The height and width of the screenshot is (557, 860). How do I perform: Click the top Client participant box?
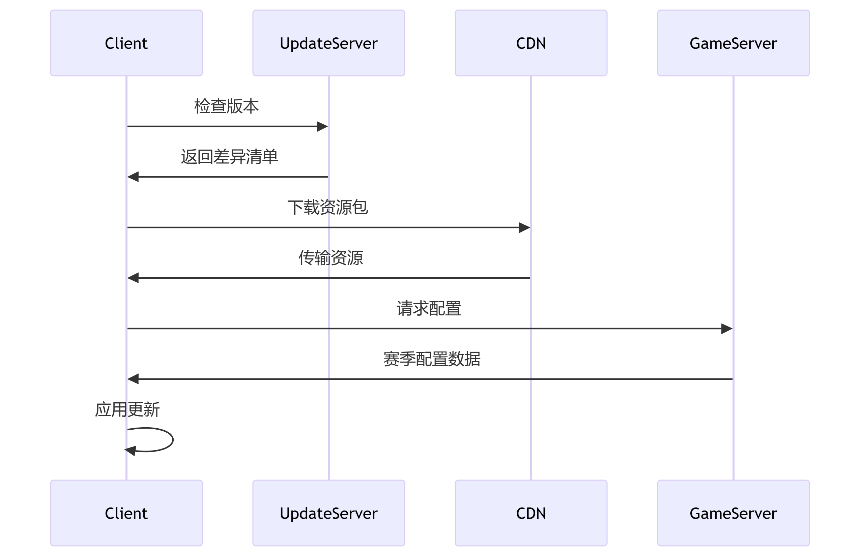[126, 43]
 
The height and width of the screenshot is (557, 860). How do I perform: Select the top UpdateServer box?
[328, 43]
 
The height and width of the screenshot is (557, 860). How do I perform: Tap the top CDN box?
[531, 43]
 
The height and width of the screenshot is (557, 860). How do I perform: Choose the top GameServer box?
[733, 43]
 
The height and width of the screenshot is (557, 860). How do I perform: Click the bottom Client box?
[126, 513]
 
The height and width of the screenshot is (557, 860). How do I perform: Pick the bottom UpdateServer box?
[328, 513]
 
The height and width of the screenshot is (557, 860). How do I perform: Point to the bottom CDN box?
[531, 513]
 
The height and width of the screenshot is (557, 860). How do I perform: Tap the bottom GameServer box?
[733, 513]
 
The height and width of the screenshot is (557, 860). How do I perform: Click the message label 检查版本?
[227, 106]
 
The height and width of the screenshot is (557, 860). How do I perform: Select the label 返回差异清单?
[229, 157]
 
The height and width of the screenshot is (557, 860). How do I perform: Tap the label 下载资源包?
[328, 207]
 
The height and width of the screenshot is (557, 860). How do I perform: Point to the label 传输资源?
[331, 258]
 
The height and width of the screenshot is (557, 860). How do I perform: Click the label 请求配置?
[429, 308]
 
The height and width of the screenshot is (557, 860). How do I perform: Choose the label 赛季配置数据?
[432, 359]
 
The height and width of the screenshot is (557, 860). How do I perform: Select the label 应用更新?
[127, 409]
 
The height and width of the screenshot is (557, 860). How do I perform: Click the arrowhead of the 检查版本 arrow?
[322, 126]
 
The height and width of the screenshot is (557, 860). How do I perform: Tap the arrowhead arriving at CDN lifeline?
[524, 227]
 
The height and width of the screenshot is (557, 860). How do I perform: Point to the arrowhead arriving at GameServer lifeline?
[727, 329]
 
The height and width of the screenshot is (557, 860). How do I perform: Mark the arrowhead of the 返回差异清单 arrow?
[133, 177]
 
